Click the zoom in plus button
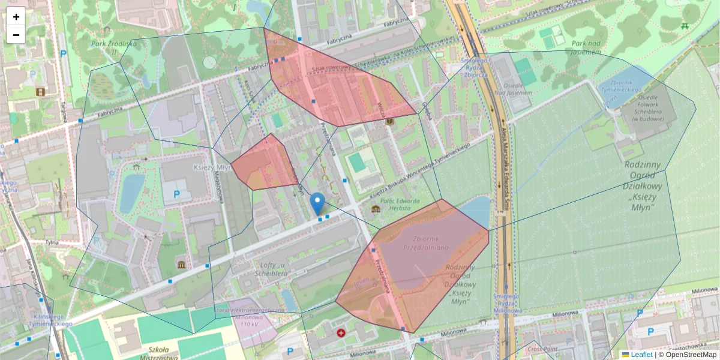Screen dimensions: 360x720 pyautogui.click(x=16, y=17)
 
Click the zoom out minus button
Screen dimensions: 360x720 pyautogui.click(x=16, y=35)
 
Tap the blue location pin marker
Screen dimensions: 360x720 pyautogui.click(x=318, y=204)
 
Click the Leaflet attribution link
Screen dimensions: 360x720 pyautogui.click(x=641, y=355)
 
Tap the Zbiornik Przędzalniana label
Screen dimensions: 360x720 pyautogui.click(x=426, y=242)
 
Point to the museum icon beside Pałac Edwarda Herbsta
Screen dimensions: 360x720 pyautogui.click(x=376, y=209)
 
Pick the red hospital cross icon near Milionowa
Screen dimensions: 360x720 pyautogui.click(x=341, y=332)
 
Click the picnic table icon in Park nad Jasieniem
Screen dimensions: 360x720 pyautogui.click(x=685, y=26)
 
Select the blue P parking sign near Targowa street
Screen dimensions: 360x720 pyautogui.click(x=63, y=54)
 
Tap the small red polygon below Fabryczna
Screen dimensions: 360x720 pyautogui.click(x=264, y=163)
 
